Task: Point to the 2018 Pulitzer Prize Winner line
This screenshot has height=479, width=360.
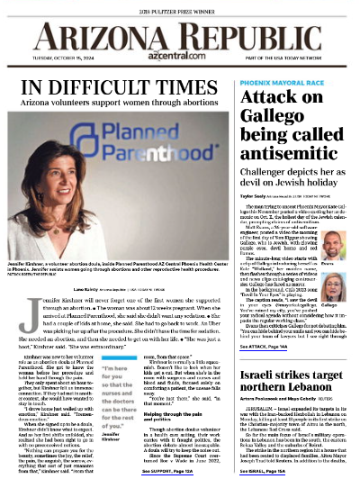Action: click(x=180, y=6)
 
